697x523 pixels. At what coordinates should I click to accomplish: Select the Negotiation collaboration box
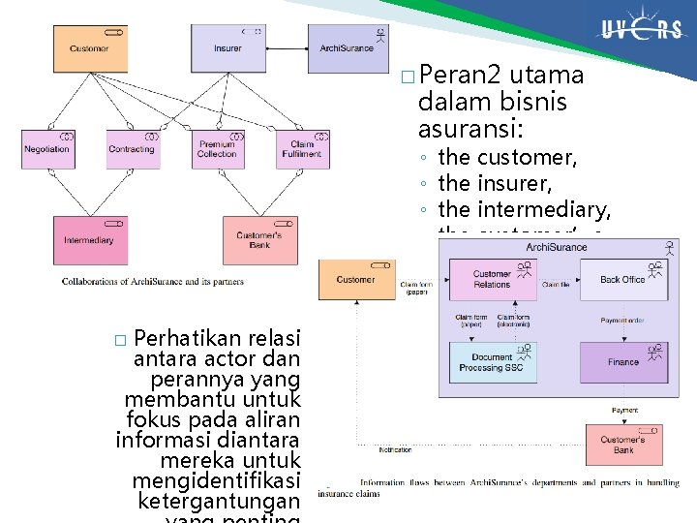(x=47, y=149)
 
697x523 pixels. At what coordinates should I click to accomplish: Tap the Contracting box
(x=133, y=149)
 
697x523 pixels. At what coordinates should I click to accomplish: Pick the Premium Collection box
(x=218, y=149)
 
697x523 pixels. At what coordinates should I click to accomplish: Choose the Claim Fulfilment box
(x=302, y=149)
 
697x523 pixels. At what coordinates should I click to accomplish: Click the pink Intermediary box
(x=90, y=240)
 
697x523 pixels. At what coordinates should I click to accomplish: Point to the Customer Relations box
(x=492, y=280)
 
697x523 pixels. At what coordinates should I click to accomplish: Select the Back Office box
(x=622, y=280)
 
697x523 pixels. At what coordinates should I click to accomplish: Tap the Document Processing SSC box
(x=492, y=362)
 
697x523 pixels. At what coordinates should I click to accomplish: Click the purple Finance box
(x=622, y=362)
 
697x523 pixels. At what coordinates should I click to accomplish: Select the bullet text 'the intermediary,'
(x=524, y=209)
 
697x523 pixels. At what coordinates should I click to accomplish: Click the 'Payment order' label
(x=623, y=321)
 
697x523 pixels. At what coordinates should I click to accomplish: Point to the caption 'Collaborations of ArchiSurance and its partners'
(x=153, y=282)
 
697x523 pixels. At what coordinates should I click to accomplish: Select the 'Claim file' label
(x=556, y=285)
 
